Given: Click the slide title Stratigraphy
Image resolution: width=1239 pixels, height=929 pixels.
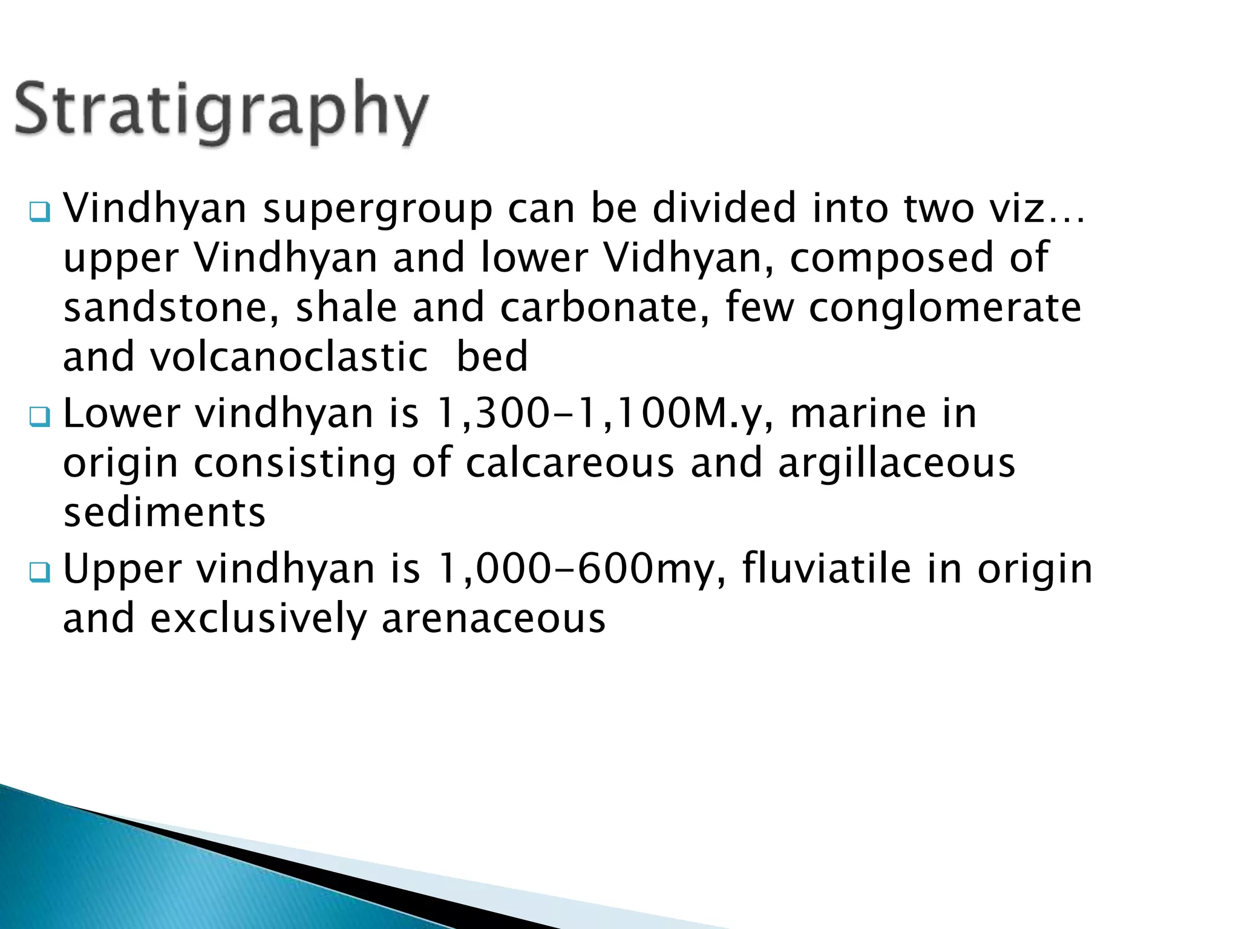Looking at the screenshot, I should click(x=221, y=112).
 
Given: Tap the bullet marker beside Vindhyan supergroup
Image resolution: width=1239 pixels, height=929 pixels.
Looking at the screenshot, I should click(x=41, y=212).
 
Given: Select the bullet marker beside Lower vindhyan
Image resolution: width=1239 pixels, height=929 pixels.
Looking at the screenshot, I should click(x=41, y=417).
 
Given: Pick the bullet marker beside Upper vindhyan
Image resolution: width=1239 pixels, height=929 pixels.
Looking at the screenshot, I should click(x=41, y=572).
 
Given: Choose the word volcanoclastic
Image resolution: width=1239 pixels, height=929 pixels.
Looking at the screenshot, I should click(x=289, y=357).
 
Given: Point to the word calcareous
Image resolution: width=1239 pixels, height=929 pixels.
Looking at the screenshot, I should click(x=570, y=464).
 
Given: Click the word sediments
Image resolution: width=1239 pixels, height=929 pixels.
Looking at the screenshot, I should click(x=165, y=513).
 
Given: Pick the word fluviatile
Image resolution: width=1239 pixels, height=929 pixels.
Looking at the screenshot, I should click(x=826, y=570).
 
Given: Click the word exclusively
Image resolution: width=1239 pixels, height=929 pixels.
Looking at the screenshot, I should click(x=258, y=620).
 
